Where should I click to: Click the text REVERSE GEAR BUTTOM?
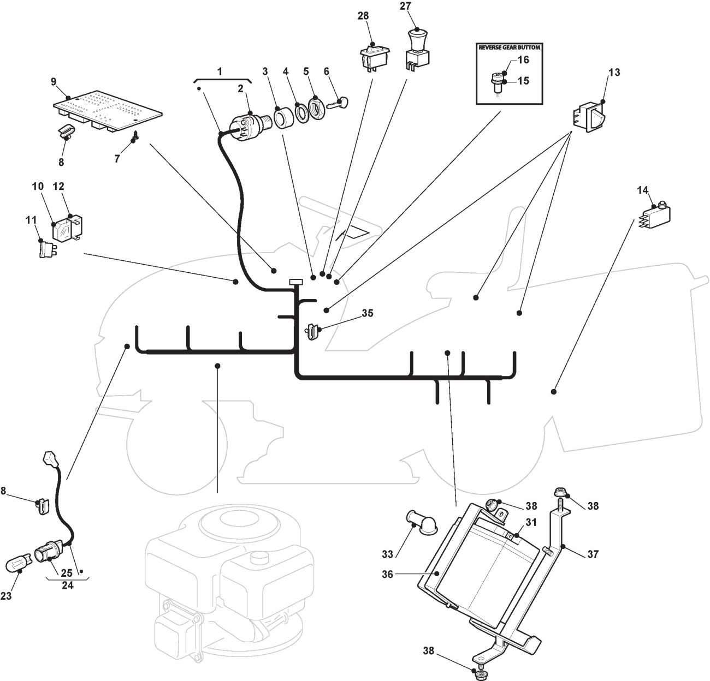509,47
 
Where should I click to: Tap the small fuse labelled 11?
46,250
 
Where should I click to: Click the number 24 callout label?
68,586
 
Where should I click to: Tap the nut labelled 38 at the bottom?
480,676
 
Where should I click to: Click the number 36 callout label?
387,574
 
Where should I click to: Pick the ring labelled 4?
299,111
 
